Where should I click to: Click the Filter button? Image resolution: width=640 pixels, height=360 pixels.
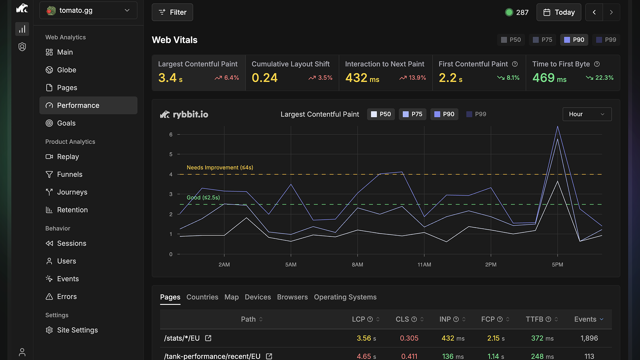click(172, 12)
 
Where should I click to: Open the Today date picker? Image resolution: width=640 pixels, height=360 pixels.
click(558, 12)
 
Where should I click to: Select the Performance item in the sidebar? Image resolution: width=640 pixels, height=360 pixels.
click(88, 105)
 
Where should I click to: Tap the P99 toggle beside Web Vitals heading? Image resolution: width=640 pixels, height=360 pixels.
click(606, 40)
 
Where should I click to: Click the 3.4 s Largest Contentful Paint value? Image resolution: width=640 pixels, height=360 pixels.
click(170, 78)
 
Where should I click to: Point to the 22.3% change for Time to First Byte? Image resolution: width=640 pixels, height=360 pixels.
click(600, 78)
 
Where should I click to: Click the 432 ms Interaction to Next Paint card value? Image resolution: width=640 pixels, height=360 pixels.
click(362, 78)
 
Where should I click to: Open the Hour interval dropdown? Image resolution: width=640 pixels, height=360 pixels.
click(587, 114)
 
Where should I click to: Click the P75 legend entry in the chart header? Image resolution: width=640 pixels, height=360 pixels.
click(412, 114)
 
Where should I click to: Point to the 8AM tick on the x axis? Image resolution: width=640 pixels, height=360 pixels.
click(358, 264)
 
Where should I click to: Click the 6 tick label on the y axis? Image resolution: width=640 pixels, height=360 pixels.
click(171, 134)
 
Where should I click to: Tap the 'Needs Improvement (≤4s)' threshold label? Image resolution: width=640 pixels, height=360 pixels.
click(220, 168)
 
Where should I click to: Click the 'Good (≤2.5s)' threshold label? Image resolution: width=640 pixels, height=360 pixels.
click(203, 198)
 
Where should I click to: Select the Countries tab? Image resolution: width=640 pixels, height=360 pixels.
click(202, 297)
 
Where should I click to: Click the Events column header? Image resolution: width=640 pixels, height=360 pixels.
click(589, 319)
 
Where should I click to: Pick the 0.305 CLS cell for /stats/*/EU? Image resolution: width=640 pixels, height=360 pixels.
click(409, 338)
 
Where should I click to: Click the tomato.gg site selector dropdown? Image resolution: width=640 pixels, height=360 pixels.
click(88, 10)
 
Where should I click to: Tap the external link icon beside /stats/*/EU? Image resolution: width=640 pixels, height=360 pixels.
click(208, 338)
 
